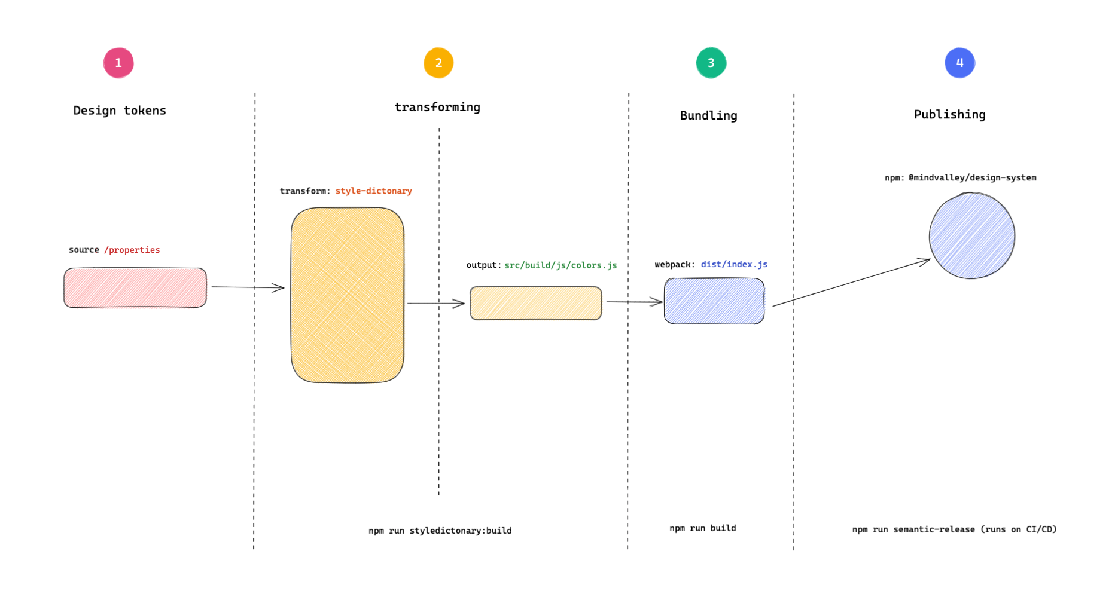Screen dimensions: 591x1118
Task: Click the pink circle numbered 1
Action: point(118,63)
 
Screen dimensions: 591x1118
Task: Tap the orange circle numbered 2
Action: point(438,63)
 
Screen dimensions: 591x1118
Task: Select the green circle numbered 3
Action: point(711,63)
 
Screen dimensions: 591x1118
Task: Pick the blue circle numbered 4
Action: point(959,63)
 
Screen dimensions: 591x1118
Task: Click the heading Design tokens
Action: point(120,111)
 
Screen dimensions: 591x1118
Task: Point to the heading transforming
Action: point(437,107)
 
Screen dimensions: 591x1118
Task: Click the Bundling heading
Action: point(708,115)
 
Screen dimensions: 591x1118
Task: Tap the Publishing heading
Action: point(949,114)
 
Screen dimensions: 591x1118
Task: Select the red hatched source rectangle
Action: point(135,287)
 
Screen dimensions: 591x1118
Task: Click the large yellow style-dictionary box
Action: point(348,295)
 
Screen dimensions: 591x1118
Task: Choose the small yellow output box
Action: point(536,303)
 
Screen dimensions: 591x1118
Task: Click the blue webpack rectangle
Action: point(714,301)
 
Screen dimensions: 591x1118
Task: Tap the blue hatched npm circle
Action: point(971,235)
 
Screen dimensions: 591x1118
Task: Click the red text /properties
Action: point(132,250)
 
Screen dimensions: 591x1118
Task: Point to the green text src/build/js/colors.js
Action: point(560,265)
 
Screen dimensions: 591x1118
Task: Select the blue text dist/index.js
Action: point(734,264)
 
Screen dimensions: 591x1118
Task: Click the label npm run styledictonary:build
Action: point(440,531)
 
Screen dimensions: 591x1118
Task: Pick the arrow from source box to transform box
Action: point(248,287)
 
